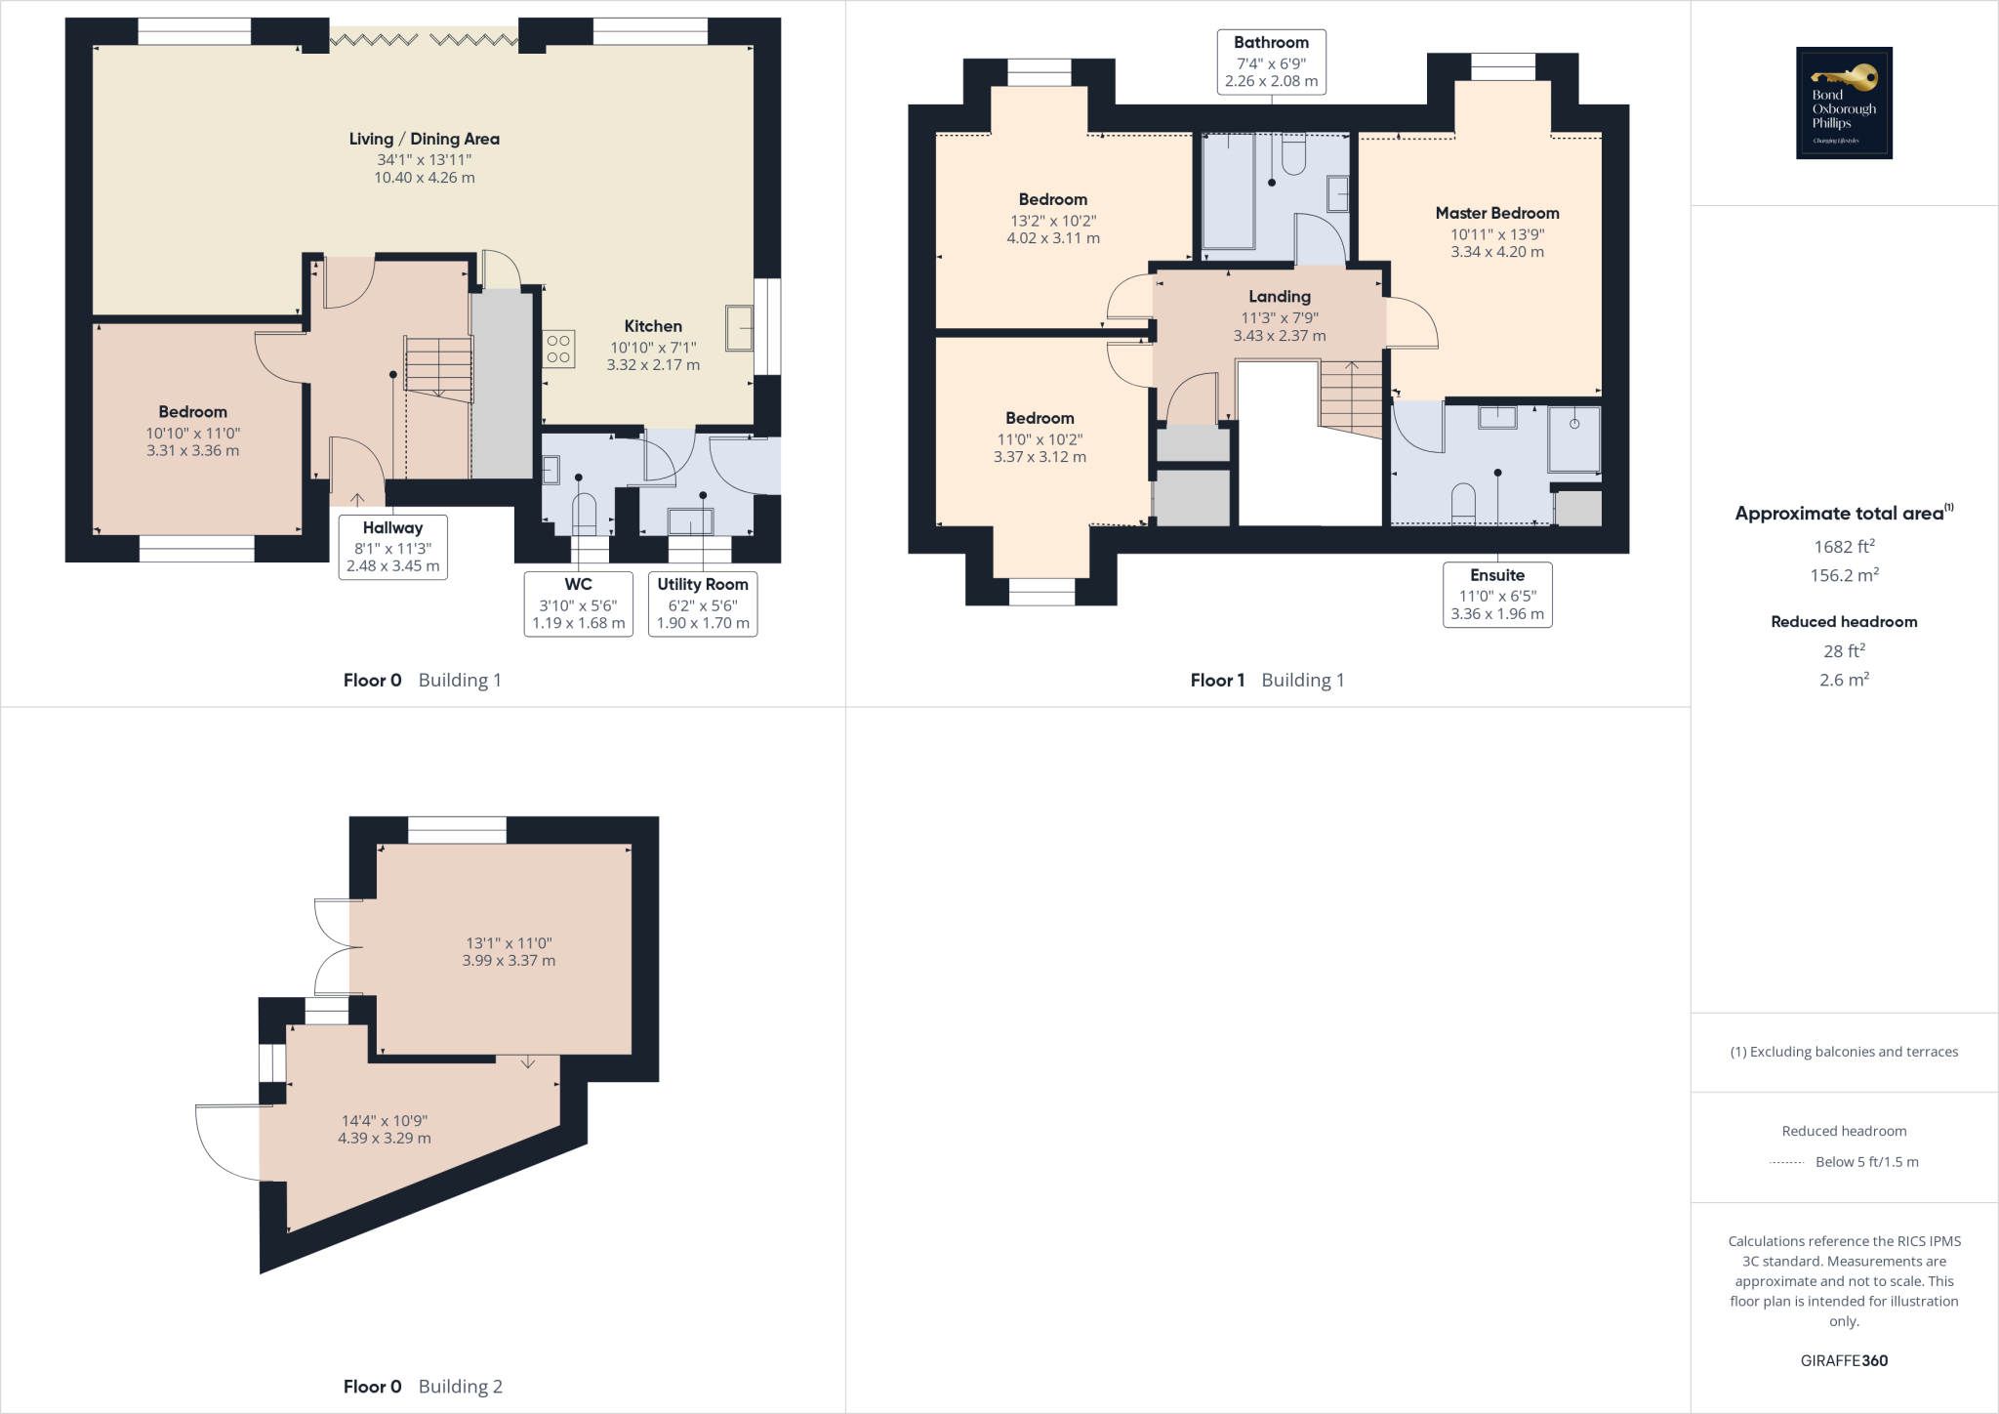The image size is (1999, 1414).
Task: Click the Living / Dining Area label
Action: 425,140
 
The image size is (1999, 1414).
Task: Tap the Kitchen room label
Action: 653,326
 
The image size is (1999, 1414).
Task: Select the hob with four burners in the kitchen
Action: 558,349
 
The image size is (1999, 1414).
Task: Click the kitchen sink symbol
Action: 739,328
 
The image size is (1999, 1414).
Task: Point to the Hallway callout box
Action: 392,547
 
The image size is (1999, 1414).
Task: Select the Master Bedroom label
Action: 1497,213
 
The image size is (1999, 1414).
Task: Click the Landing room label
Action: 1279,297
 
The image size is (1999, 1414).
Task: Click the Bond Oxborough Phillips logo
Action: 1844,103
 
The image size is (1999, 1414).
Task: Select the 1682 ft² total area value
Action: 1844,547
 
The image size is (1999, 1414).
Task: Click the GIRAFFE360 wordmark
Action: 1844,1360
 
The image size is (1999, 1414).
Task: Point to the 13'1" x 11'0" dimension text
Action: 509,943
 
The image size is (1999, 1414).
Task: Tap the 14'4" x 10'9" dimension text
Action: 385,1121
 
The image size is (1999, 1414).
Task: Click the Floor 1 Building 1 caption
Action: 1267,681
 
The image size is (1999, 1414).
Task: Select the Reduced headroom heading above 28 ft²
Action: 1844,622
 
